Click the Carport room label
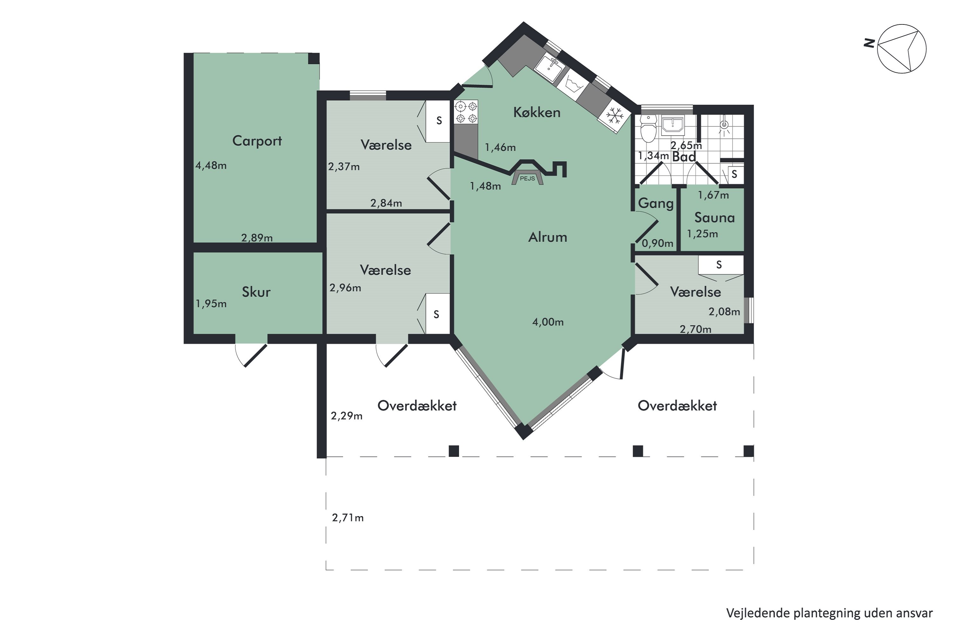257,141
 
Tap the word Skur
256,292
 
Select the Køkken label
537,113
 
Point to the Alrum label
547,237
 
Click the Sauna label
714,218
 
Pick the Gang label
656,203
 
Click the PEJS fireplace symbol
527,178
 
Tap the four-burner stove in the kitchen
466,112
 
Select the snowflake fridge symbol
615,116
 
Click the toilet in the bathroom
649,129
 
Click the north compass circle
902,49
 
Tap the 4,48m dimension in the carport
211,166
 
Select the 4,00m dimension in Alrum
548,322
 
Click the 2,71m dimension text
348,518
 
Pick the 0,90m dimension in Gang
657,244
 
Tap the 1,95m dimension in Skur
211,304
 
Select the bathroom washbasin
673,125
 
